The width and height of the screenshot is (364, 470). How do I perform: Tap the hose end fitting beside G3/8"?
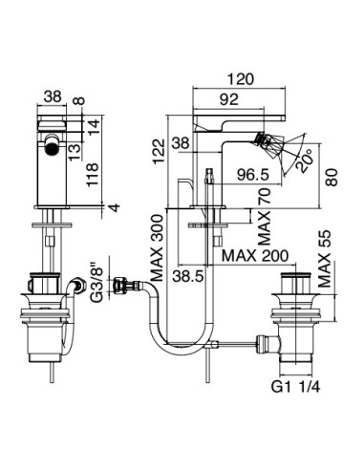[x=122, y=284]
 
